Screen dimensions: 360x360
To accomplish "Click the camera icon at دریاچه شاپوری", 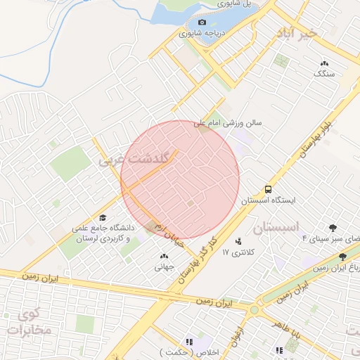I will [x=202, y=22].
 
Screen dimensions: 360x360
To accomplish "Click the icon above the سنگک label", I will [x=324, y=63].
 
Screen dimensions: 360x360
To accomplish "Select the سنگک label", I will [x=325, y=73].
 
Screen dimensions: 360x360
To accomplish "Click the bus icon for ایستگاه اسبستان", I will [x=268, y=189].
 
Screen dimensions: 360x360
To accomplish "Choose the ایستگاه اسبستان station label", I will [x=268, y=200].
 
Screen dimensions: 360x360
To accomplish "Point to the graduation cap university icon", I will [x=103, y=218].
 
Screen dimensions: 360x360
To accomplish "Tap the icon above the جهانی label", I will [x=164, y=257].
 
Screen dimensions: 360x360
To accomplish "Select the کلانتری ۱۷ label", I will [x=237, y=252].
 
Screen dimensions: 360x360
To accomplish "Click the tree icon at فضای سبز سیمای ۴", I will [x=333, y=227].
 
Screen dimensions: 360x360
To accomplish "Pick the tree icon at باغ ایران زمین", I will [x=342, y=257].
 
